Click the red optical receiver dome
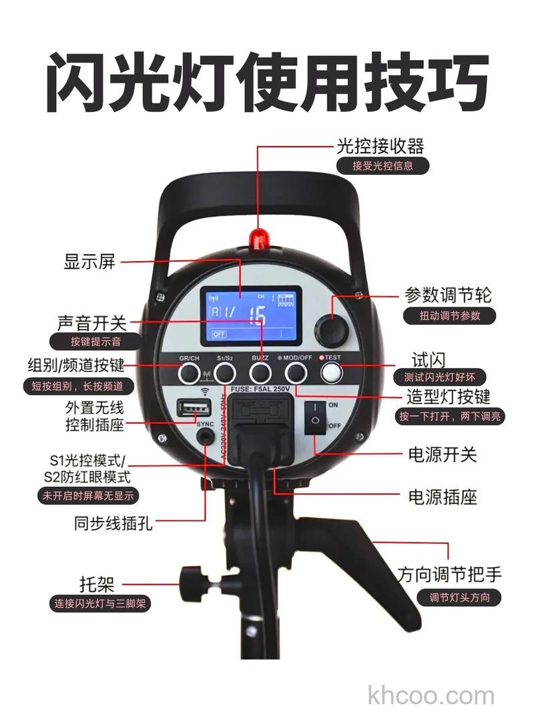click(x=258, y=238)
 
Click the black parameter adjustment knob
click(x=330, y=331)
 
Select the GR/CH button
click(x=189, y=374)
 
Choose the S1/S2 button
click(x=225, y=374)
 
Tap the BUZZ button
click(x=260, y=374)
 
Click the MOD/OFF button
click(x=296, y=374)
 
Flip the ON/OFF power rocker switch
click(x=316, y=416)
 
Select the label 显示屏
click(x=89, y=261)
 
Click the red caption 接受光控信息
click(x=383, y=166)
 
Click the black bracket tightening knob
click(x=194, y=579)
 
